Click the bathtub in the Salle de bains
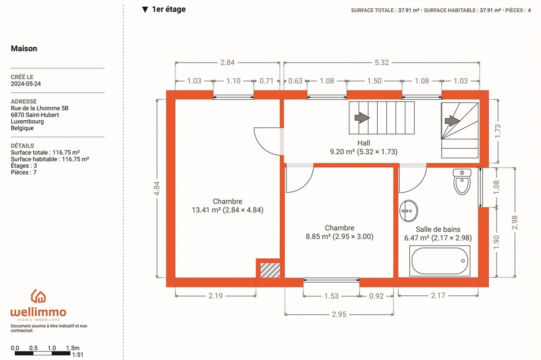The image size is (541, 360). [x=439, y=261]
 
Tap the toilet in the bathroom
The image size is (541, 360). [x=462, y=182]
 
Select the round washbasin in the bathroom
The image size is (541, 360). [x=408, y=211]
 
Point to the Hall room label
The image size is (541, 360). [x=363, y=143]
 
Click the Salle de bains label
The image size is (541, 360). [x=438, y=229]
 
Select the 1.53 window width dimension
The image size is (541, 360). [x=331, y=296]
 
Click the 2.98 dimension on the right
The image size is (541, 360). [x=515, y=222]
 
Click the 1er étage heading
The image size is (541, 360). [x=168, y=9]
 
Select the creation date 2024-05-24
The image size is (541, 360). [x=26, y=84]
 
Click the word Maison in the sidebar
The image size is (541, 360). [x=24, y=49]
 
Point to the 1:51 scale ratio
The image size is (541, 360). [x=77, y=355]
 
